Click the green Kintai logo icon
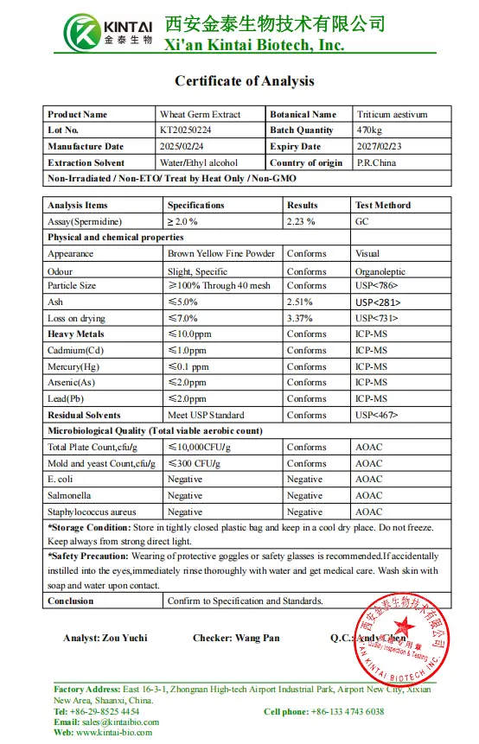[85, 31]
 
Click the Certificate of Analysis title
[245, 81]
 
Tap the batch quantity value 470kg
[370, 130]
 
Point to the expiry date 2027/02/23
[380, 147]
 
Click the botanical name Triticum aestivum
[392, 114]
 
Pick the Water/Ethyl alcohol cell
[199, 163]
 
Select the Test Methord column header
[383, 206]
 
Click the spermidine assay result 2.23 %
[301, 221]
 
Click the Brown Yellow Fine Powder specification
[221, 254]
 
